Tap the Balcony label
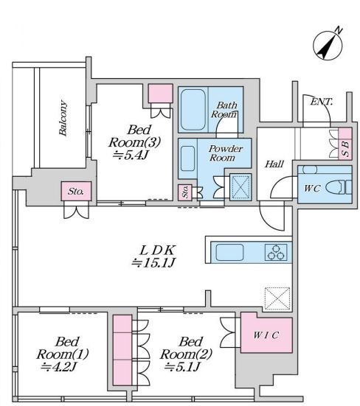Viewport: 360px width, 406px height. [63, 118]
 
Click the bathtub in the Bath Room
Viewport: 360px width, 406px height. [193, 110]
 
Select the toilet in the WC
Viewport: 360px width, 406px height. [339, 187]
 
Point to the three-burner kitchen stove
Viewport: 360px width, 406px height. [276, 252]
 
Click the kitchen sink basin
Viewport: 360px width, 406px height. [229, 252]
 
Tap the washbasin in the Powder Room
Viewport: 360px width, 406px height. [187, 158]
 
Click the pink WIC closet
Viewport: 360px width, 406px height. [266, 333]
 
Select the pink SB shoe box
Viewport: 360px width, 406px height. [345, 144]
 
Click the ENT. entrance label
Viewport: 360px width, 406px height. [322, 102]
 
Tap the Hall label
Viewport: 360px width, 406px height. [274, 164]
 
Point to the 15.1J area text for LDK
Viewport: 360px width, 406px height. [153, 263]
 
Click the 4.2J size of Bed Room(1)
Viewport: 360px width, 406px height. [59, 367]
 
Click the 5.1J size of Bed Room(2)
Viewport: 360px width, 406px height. [183, 367]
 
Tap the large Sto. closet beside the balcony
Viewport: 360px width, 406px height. [76, 191]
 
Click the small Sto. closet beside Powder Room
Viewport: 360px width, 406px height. [185, 192]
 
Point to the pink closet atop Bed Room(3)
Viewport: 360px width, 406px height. [160, 94]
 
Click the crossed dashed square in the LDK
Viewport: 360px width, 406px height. [277, 298]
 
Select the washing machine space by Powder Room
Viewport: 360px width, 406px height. [240, 186]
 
